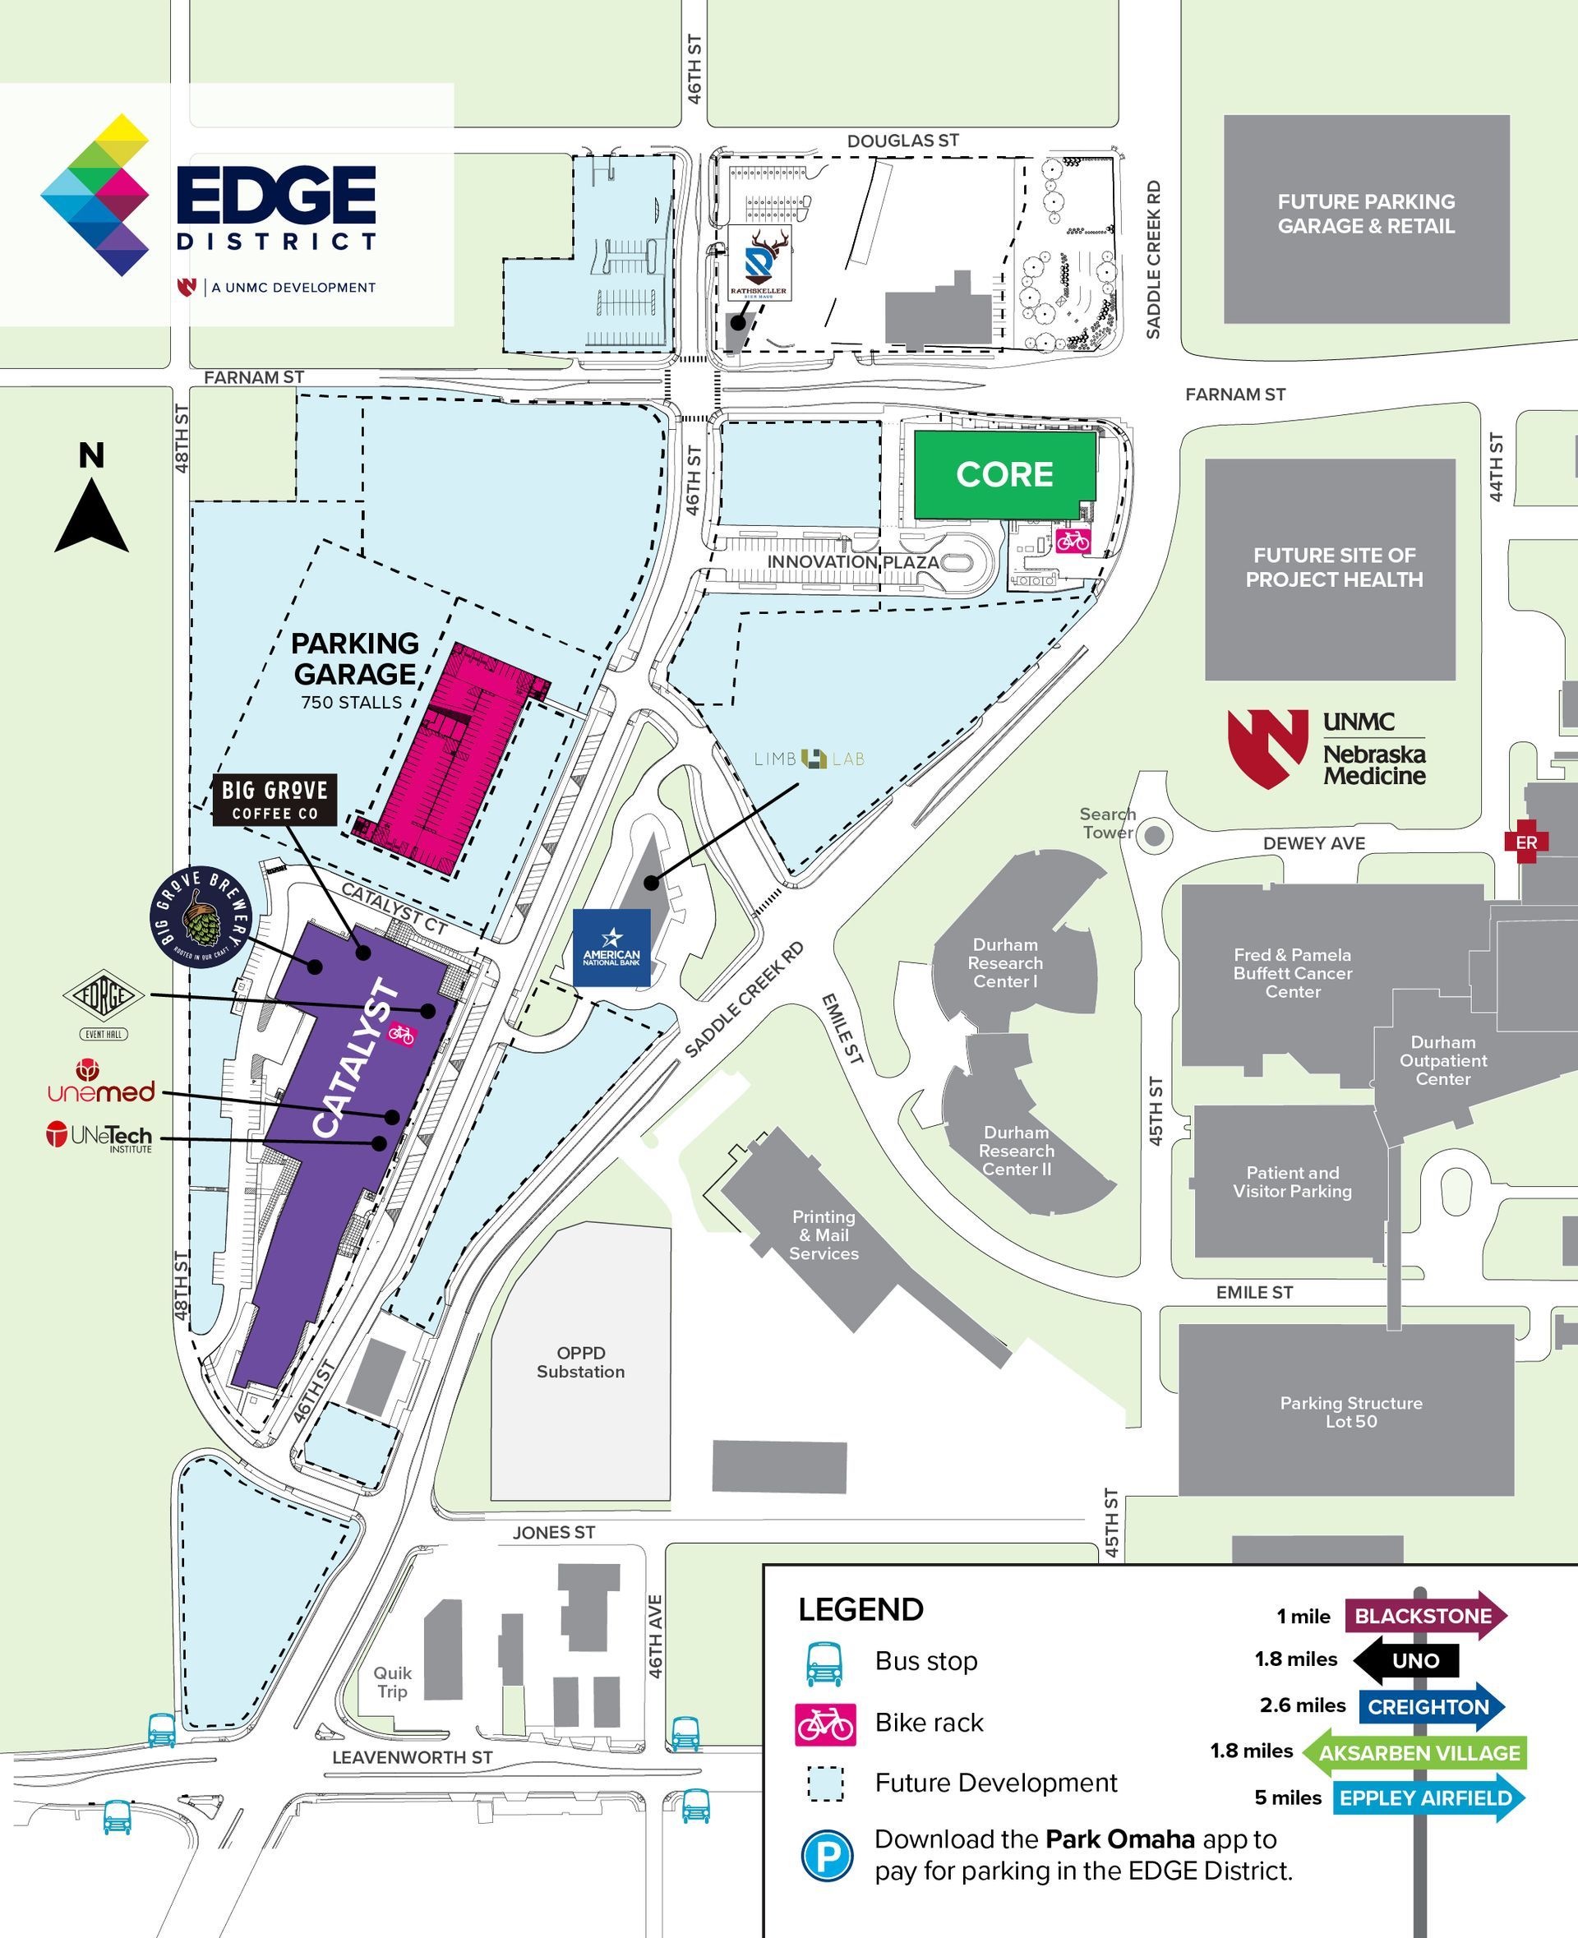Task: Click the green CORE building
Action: pyautogui.click(x=1004, y=474)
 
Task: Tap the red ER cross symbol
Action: pyautogui.click(x=1525, y=842)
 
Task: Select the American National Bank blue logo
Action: pyautogui.click(x=611, y=947)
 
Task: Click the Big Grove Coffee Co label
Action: pyautogui.click(x=275, y=800)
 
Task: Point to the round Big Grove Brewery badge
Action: pyautogui.click(x=200, y=916)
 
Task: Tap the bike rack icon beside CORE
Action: pyautogui.click(x=1073, y=541)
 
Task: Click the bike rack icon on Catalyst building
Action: pyautogui.click(x=401, y=1034)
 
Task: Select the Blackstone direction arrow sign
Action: pyautogui.click(x=1424, y=1615)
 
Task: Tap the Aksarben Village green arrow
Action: pyautogui.click(x=1414, y=1752)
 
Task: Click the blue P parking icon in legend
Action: pyautogui.click(x=826, y=1856)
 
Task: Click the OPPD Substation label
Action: pyautogui.click(x=580, y=1362)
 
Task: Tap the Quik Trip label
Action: pyautogui.click(x=392, y=1682)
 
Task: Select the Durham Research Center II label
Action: pyautogui.click(x=1016, y=1150)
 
